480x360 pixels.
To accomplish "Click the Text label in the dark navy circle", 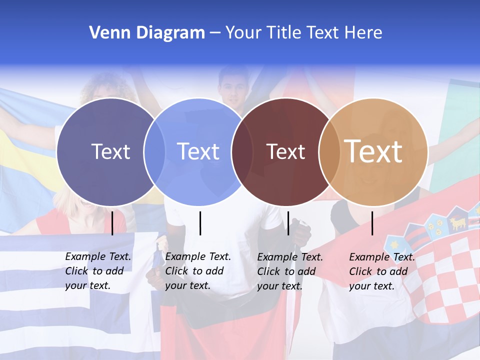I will click(x=110, y=151).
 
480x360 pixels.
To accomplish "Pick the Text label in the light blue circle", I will click(x=198, y=151).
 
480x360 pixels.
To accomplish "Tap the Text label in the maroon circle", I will click(x=285, y=151).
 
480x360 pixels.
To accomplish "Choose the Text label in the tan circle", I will click(x=373, y=151).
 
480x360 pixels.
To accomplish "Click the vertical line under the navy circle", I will click(x=112, y=223).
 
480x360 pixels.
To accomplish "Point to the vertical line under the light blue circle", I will click(x=200, y=223).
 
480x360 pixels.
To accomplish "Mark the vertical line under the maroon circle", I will click(x=288, y=223).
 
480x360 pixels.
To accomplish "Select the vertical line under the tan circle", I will click(x=372, y=223).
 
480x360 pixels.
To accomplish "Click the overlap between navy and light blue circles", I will click(x=154, y=151).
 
